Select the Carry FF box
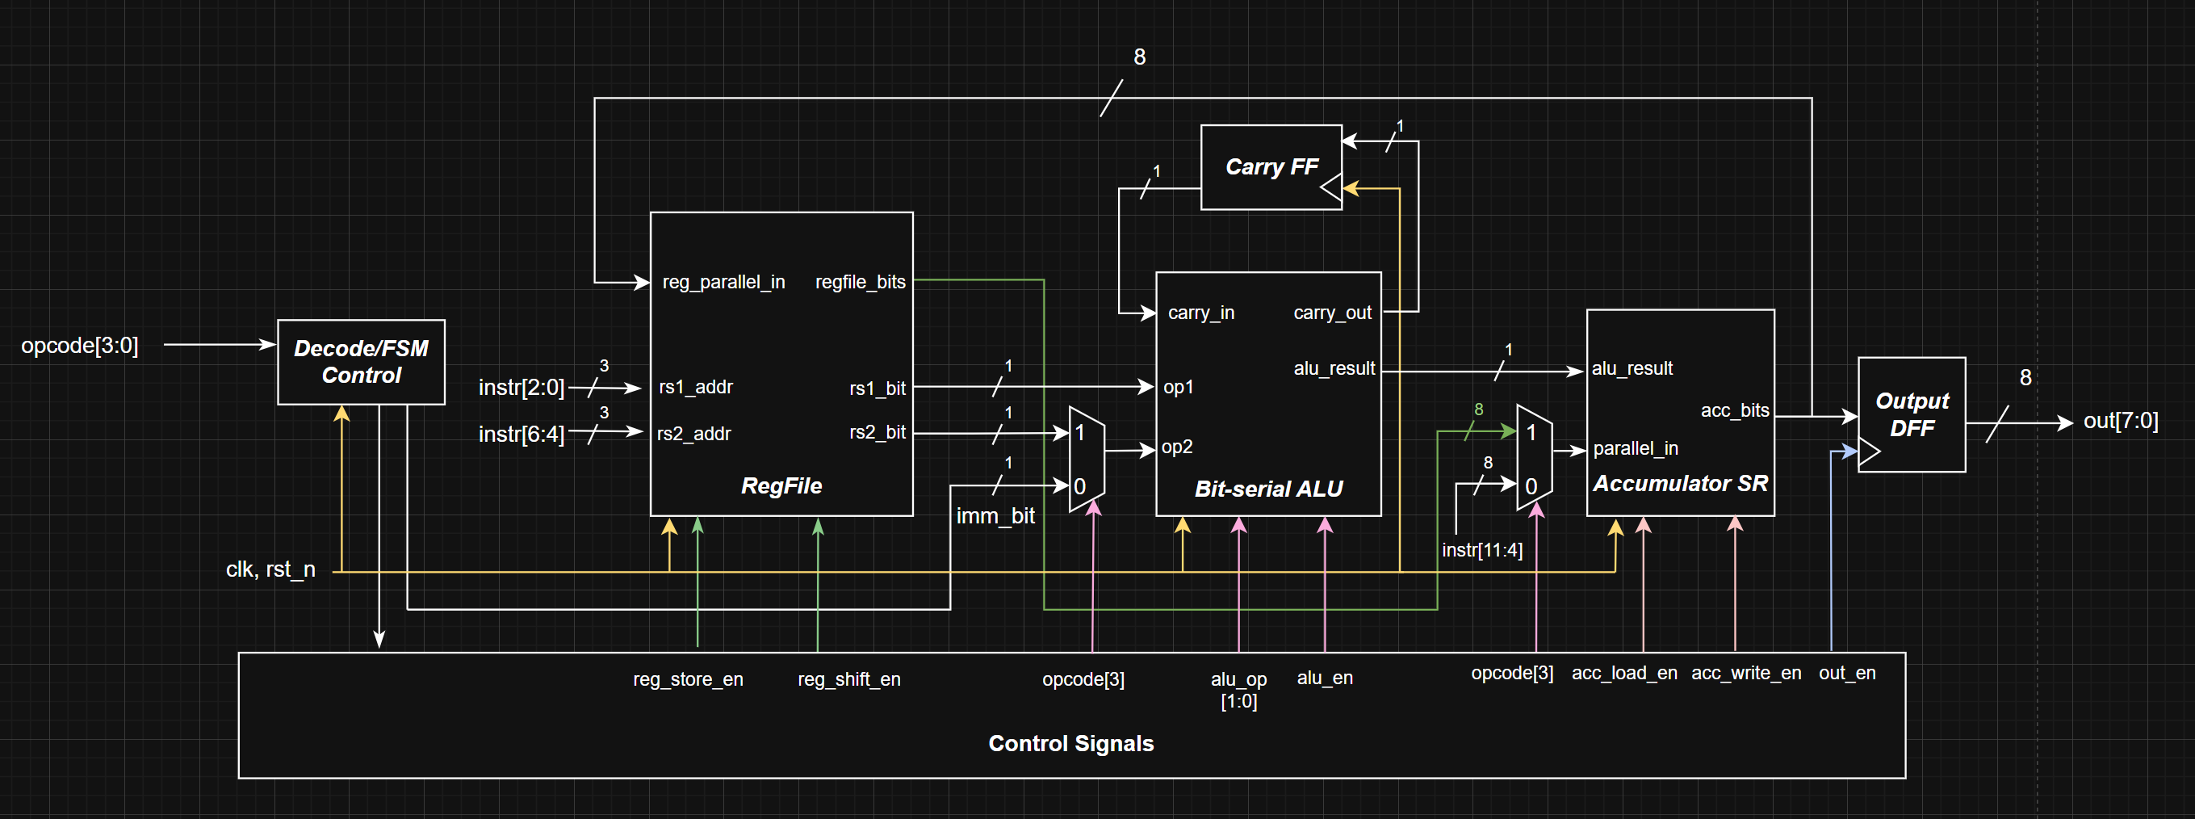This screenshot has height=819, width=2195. [x=1271, y=167]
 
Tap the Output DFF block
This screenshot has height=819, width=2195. [x=1912, y=414]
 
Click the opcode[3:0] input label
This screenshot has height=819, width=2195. [x=79, y=345]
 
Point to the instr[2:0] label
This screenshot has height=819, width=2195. [x=521, y=388]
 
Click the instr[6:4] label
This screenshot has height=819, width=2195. [x=521, y=435]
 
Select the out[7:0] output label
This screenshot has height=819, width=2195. [x=2120, y=421]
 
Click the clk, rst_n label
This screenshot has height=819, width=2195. [x=270, y=569]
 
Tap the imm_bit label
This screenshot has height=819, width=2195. [x=995, y=515]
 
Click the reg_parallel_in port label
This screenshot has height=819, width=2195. [x=723, y=282]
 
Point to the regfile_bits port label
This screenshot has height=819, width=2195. [x=860, y=282]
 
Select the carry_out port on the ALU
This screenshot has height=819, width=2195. [x=1332, y=313]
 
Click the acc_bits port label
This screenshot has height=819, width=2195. [x=1734, y=411]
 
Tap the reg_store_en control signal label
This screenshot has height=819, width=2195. [x=688, y=679]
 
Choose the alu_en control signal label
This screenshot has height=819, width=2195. [x=1324, y=678]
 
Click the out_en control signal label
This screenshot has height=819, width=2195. [x=1846, y=674]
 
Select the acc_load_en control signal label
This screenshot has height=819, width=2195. [x=1623, y=674]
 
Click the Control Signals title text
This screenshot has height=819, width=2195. [x=1070, y=743]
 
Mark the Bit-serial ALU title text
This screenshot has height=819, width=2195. [x=1268, y=489]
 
